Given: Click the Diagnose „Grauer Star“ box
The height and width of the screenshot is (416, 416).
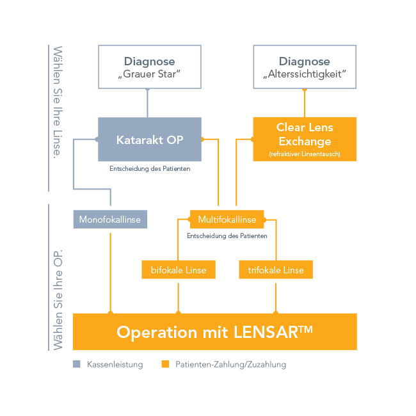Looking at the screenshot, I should tap(149, 67).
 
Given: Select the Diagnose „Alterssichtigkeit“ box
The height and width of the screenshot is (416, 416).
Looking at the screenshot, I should tap(305, 67).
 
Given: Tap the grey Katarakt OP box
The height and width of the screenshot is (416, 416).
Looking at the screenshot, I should tap(149, 139).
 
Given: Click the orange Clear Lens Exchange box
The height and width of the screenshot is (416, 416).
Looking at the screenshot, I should tap(305, 138).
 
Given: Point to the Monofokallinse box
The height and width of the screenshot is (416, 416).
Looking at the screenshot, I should tap(110, 220).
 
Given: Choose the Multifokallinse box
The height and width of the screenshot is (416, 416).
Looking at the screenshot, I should tap(227, 220).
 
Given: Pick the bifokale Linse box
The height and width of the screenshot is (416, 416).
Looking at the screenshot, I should tap(179, 270).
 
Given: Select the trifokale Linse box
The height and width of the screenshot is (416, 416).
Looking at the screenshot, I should tap(276, 270).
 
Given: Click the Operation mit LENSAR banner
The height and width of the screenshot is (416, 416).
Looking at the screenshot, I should tap(215, 332).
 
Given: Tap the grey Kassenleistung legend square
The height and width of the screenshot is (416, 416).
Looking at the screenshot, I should tap(77, 364).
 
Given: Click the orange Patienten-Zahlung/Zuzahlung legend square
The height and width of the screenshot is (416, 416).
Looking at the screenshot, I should tap(165, 364).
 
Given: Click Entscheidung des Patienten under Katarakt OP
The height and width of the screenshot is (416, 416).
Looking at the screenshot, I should tap(150, 170).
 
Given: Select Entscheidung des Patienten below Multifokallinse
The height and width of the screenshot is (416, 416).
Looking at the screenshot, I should tap(227, 236).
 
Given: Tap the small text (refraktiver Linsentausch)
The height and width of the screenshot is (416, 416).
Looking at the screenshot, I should tap(305, 154).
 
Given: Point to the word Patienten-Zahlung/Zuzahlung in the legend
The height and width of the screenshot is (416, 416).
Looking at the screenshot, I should tap(230, 365).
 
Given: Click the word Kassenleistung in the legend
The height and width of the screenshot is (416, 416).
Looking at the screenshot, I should tap(115, 365).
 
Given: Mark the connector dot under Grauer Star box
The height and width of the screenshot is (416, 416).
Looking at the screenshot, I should tap(148, 90).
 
